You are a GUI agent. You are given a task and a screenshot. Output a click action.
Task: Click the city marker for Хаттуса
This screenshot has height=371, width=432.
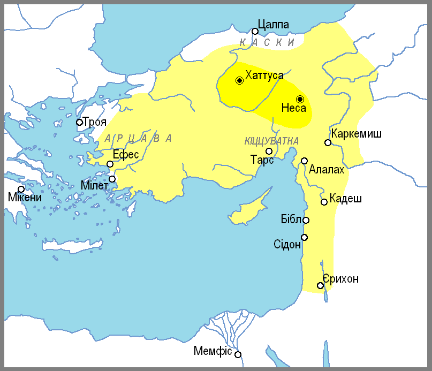239,80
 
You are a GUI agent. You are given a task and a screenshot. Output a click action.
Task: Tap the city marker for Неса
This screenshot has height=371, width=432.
300,99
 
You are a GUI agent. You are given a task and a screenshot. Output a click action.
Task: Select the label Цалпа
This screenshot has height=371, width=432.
273,25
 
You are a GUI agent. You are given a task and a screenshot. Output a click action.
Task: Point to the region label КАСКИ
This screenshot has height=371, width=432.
267,42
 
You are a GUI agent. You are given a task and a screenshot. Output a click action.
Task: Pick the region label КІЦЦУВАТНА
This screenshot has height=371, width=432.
271,141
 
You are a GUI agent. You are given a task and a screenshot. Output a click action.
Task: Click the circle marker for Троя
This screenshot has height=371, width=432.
79,122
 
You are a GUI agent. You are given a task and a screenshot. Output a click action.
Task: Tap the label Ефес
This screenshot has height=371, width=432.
126,155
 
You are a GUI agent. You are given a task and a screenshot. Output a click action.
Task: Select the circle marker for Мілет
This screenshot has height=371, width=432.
112,179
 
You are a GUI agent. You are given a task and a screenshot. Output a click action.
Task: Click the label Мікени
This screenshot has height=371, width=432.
24,198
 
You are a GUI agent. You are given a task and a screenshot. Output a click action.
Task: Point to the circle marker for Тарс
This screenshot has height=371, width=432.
269,152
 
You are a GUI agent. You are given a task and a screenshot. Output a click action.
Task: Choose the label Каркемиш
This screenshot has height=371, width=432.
356,133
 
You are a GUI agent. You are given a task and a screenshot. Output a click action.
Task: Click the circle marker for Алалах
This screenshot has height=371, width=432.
304,161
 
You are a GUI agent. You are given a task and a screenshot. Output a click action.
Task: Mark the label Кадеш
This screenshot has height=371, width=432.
346,199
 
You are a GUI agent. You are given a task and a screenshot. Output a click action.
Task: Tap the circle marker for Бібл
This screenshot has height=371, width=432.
306,220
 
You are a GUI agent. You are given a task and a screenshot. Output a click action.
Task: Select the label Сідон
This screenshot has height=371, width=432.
287,245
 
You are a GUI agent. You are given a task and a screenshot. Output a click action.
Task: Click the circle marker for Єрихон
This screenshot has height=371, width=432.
320,285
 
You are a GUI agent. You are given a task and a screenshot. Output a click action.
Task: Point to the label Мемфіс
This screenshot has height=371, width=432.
213,352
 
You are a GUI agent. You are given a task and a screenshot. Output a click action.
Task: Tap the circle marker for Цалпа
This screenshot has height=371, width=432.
255,31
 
